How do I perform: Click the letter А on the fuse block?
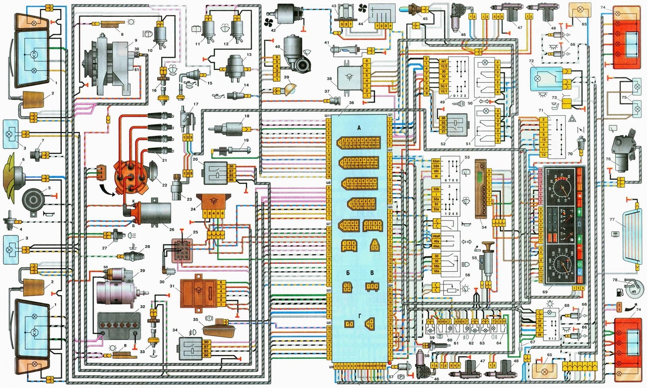(x=359, y=128)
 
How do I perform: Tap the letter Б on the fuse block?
(x=348, y=273)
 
